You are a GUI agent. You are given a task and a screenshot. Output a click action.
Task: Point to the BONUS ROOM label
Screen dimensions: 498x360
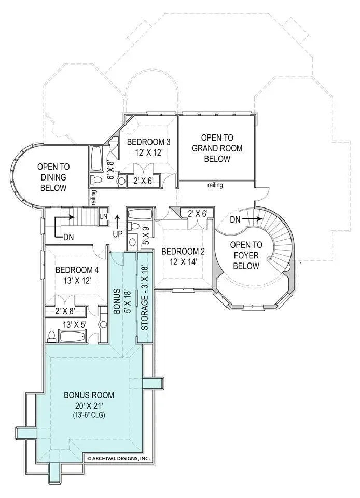(89, 395)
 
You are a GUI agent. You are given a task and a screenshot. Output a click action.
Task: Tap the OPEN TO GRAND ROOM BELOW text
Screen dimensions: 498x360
(217, 148)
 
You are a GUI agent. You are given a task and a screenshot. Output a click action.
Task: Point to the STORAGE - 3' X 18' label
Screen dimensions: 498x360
(145, 298)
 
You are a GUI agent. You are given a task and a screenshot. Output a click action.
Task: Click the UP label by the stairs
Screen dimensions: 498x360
(117, 234)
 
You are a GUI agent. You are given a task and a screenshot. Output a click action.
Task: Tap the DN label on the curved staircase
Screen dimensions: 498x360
(236, 219)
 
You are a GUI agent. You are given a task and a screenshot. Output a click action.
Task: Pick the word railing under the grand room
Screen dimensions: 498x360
(215, 185)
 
